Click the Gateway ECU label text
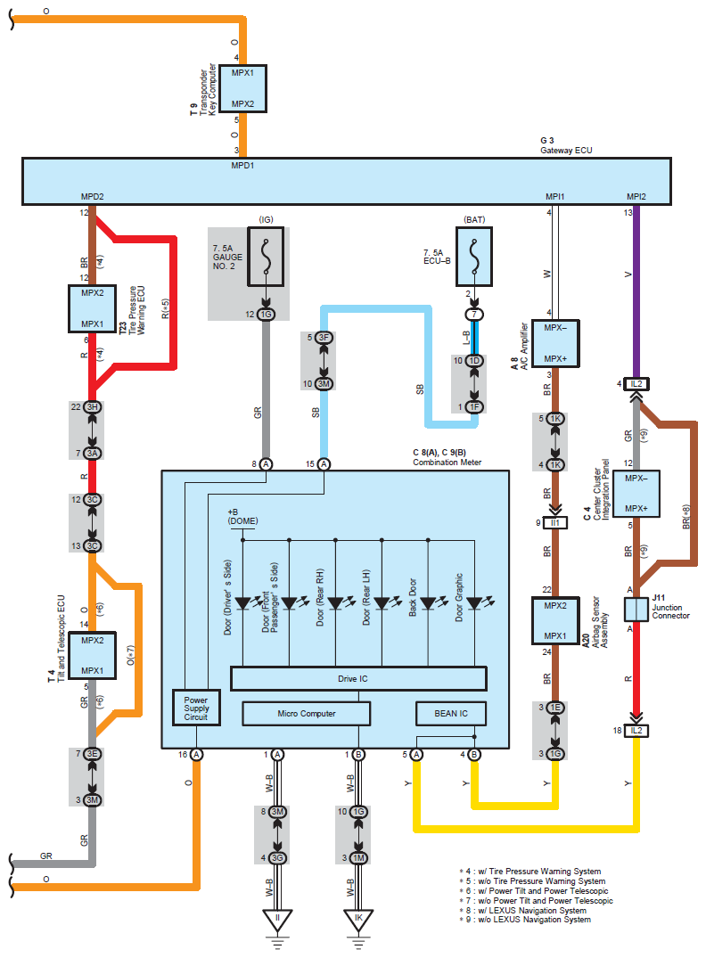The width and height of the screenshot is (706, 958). (566, 151)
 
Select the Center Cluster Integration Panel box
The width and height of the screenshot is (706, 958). (636, 493)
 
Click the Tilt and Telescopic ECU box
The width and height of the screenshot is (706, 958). (93, 655)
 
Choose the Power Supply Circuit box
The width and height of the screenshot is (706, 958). (195, 708)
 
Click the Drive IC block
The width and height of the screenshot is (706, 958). (358, 678)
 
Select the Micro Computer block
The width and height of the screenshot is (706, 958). (306, 713)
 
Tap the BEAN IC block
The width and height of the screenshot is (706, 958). (451, 713)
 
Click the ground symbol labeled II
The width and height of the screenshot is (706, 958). (277, 918)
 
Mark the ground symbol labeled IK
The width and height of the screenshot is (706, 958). (358, 918)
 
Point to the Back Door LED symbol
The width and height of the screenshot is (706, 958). (428, 603)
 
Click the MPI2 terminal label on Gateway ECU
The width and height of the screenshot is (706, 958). (636, 196)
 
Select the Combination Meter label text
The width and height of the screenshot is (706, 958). (449, 463)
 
